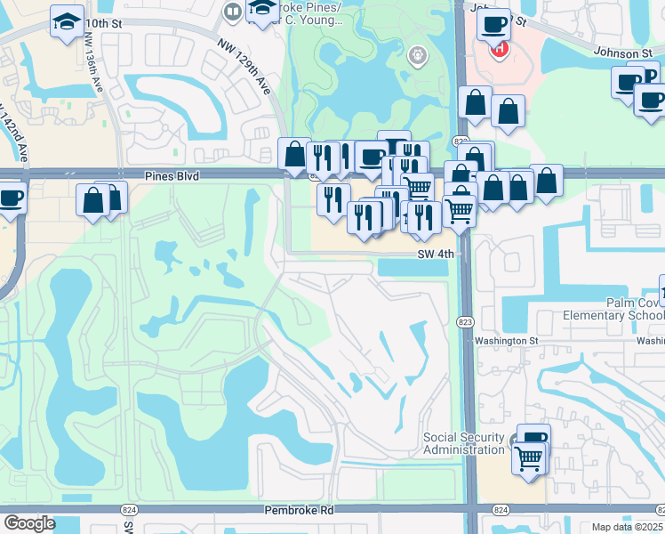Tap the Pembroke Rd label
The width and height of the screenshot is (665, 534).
click(x=299, y=511)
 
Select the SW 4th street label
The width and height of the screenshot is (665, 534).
click(x=436, y=254)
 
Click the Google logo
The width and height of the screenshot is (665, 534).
click(x=28, y=523)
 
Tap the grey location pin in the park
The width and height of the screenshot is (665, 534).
click(x=416, y=56)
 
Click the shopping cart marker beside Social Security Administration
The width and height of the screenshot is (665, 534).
click(x=529, y=459)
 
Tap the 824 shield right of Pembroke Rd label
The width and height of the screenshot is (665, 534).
click(x=501, y=509)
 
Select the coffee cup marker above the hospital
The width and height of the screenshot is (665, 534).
click(x=493, y=24)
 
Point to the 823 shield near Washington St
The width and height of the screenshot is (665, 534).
click(x=467, y=321)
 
